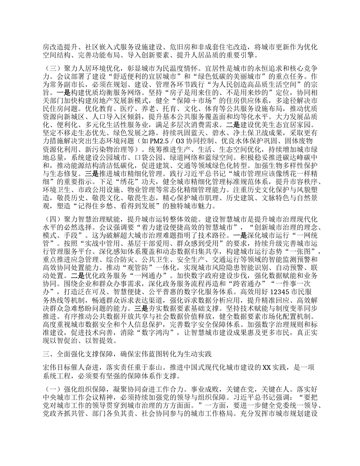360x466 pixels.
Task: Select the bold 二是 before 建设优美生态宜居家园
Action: point(232,123)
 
